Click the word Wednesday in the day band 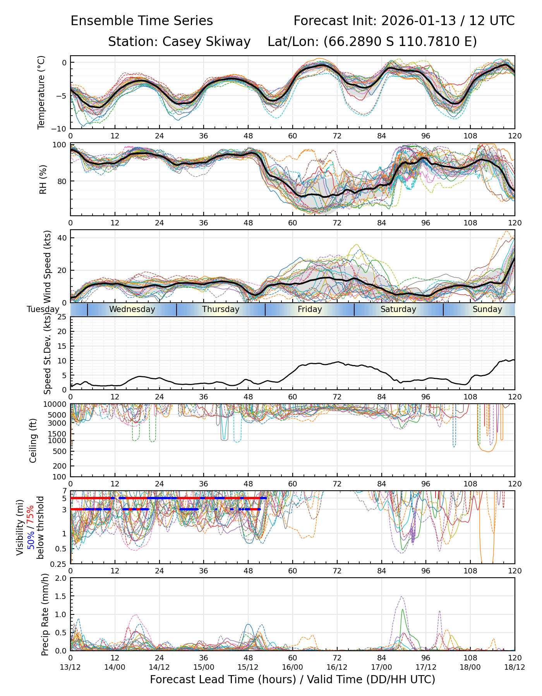(x=132, y=309)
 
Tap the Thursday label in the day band (x=221, y=309)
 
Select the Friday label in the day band (x=310, y=309)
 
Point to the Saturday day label (x=398, y=309)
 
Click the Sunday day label (x=487, y=309)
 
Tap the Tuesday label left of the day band (x=43, y=309)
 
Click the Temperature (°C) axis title (x=41, y=92)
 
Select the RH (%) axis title (x=43, y=179)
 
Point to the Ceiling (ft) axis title (x=33, y=440)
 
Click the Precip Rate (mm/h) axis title (x=45, y=614)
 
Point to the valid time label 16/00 (x=293, y=667)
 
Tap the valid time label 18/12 (x=515, y=667)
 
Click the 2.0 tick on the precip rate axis (x=61, y=578)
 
